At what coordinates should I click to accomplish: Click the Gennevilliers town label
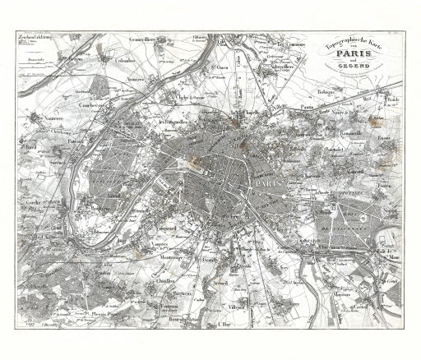point(149,39)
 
